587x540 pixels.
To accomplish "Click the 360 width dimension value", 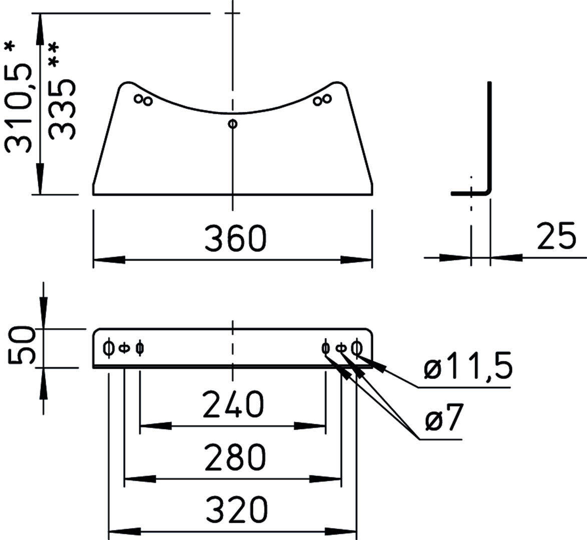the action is [x=236, y=238].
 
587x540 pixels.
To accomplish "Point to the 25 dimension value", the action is [x=556, y=236].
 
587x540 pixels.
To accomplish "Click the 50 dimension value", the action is [x=22, y=345].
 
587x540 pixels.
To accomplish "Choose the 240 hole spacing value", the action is [x=233, y=404].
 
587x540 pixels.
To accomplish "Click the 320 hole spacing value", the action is [x=237, y=509].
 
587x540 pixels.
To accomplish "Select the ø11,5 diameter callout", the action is [x=467, y=365].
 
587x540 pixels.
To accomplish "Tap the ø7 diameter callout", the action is [x=444, y=417].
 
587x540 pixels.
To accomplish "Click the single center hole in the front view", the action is [x=233, y=123].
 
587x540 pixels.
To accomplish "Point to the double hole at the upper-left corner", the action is [x=144, y=100].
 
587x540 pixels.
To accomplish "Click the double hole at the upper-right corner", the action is [x=322, y=100].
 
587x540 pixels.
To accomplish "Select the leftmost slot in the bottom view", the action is [x=108, y=348].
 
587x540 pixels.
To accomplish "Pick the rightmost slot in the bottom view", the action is [x=357, y=348].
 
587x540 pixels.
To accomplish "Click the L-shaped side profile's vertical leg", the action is [x=489, y=136].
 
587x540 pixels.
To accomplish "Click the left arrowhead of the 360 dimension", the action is [x=109, y=259].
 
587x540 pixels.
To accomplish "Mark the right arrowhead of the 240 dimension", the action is [x=310, y=425].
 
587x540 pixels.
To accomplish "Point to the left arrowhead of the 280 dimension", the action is [x=140, y=478].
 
